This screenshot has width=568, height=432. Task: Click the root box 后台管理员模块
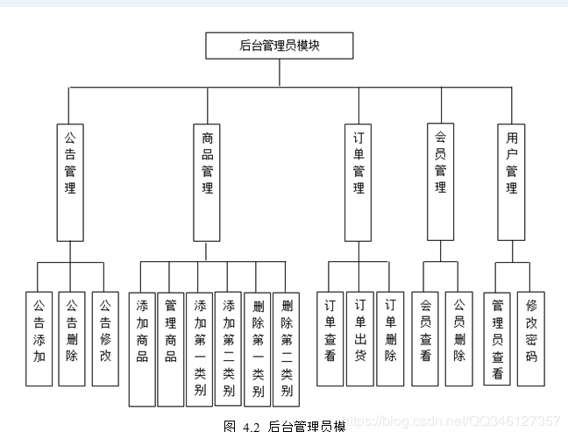click(279, 46)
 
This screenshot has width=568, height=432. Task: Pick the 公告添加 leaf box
click(39, 338)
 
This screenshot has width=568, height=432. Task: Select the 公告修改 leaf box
click(104, 338)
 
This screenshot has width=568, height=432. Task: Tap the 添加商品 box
click(142, 348)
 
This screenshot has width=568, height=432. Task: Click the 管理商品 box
click(171, 348)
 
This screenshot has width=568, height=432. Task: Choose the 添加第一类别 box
click(199, 348)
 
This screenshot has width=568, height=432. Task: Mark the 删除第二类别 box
click(286, 348)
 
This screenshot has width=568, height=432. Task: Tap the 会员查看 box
click(425, 338)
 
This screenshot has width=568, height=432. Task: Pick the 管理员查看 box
click(498, 338)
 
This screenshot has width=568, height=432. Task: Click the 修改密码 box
click(530, 338)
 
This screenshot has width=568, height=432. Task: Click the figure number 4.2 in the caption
click(252, 426)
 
